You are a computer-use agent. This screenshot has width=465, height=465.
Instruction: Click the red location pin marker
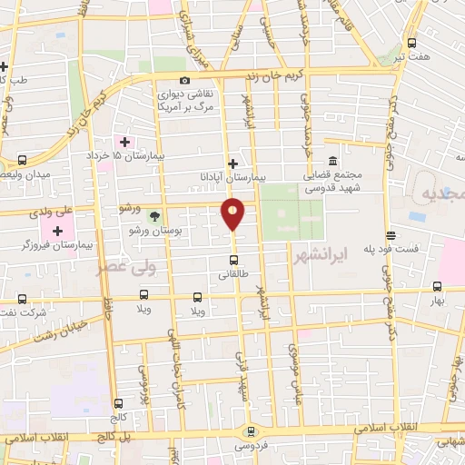(x=233, y=213)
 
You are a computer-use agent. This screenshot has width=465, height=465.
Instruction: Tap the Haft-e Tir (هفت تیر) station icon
(x=411, y=42)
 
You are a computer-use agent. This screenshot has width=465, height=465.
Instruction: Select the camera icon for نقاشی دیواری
(x=185, y=80)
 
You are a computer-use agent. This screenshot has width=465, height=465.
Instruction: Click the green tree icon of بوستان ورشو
(x=154, y=216)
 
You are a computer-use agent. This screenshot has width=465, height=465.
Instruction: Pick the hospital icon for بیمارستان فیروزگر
(x=57, y=232)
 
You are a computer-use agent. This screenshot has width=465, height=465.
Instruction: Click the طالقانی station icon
(x=233, y=269)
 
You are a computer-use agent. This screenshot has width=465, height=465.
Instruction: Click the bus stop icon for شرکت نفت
(x=22, y=298)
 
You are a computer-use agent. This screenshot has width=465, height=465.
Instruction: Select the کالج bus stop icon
(x=118, y=402)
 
